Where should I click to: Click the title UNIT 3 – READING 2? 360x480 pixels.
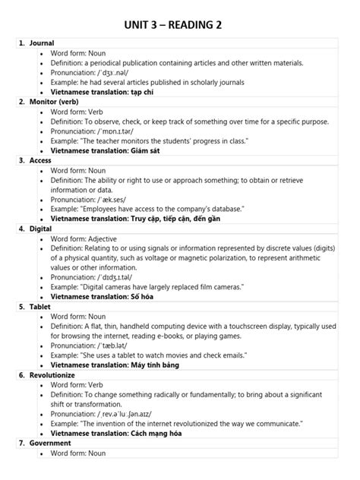point(179,27)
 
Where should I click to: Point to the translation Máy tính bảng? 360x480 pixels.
point(156,365)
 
